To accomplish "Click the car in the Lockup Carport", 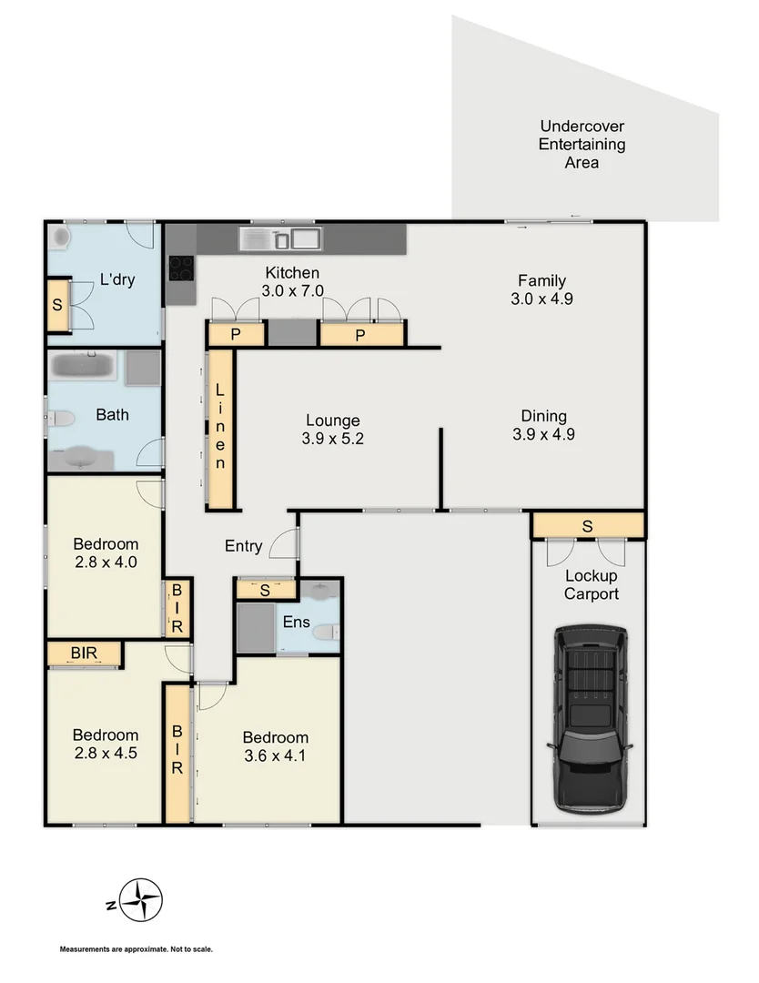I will pyautogui.click(x=589, y=718).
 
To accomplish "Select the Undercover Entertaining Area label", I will pyautogui.click(x=582, y=145).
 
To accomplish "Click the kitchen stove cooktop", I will pyautogui.click(x=181, y=268).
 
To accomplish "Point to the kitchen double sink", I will pyautogui.click(x=278, y=239).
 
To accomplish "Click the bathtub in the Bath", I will pyautogui.click(x=83, y=368).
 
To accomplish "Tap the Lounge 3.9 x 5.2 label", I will pyautogui.click(x=332, y=430).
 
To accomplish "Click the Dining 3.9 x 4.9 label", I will pyautogui.click(x=543, y=425).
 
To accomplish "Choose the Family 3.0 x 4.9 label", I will pyautogui.click(x=541, y=289).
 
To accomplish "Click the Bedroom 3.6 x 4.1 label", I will pyautogui.click(x=275, y=745).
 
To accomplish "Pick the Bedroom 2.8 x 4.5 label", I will pyautogui.click(x=106, y=744).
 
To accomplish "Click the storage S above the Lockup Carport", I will pyautogui.click(x=588, y=525).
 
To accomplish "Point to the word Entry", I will pyautogui.click(x=243, y=546).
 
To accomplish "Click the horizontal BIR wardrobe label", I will pyautogui.click(x=85, y=654).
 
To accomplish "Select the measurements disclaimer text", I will pyautogui.click(x=137, y=949).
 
